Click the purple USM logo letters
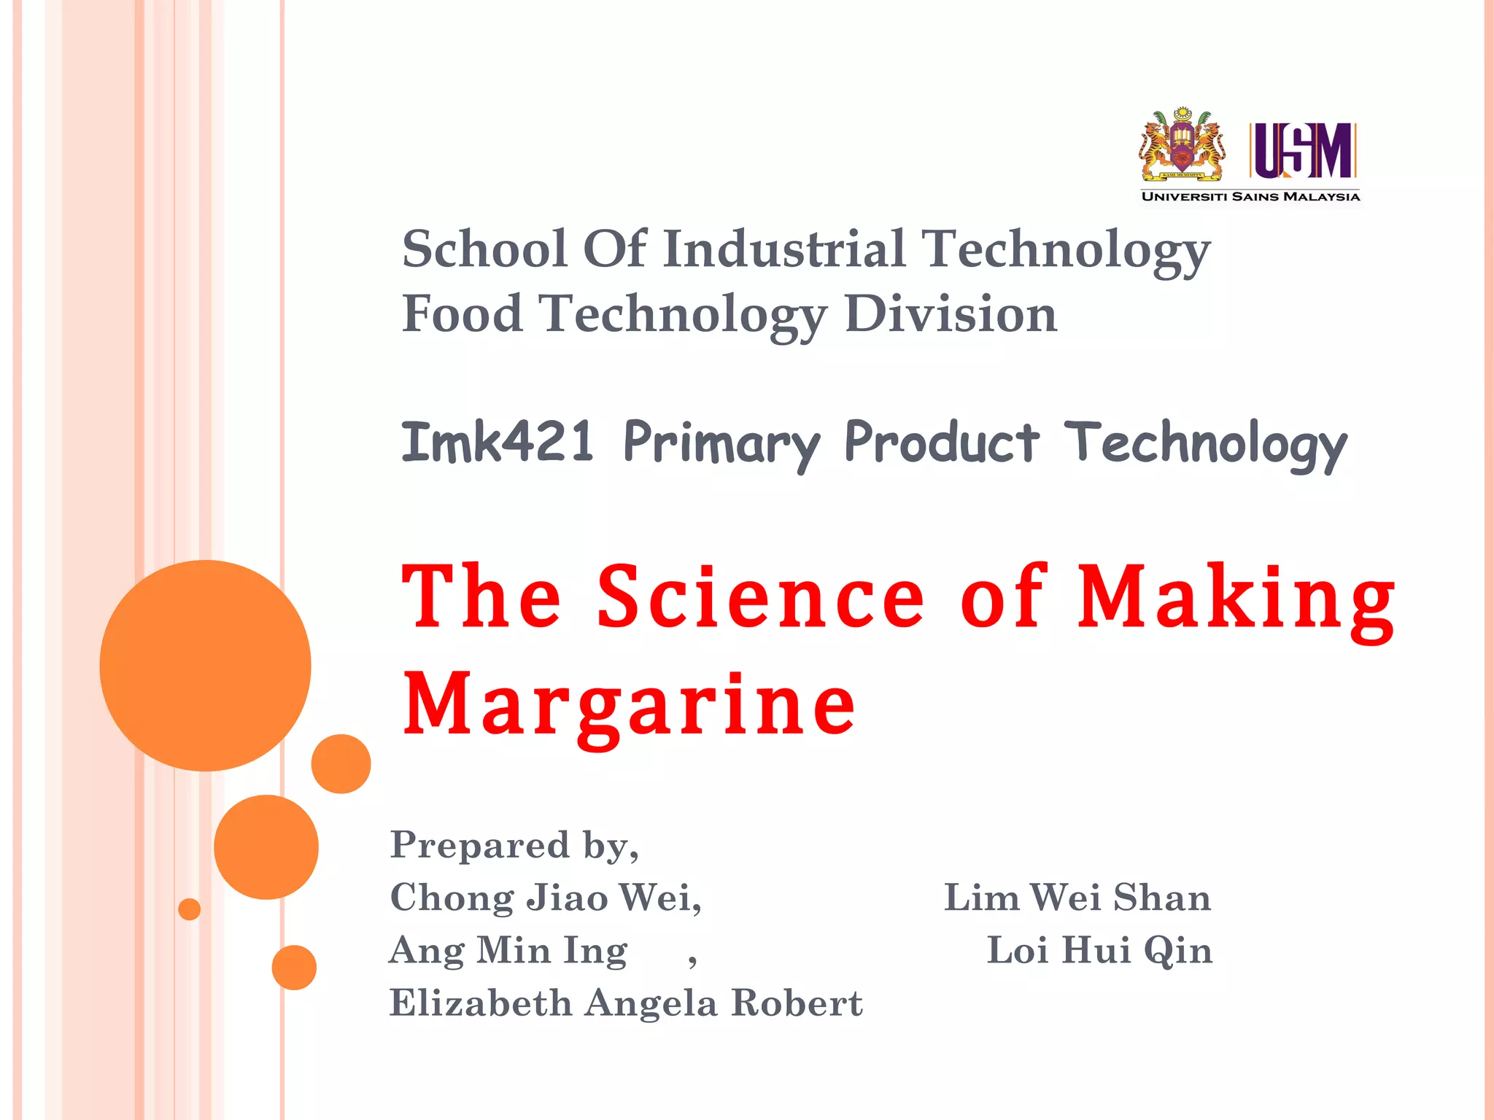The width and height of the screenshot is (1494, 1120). [x=1303, y=150]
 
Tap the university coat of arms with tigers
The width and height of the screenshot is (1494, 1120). [x=1183, y=145]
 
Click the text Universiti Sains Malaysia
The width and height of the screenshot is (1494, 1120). [x=1250, y=196]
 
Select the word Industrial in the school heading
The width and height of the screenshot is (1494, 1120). [x=784, y=249]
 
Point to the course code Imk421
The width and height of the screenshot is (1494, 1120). [x=498, y=442]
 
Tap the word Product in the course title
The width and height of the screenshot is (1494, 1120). [x=941, y=442]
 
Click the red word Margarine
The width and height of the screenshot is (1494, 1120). [x=629, y=704]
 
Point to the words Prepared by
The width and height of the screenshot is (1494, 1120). [x=514, y=846]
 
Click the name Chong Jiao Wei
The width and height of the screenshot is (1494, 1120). [x=544, y=898]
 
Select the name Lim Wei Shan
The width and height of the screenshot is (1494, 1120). [x=1077, y=898]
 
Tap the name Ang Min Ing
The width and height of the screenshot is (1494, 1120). [x=508, y=951]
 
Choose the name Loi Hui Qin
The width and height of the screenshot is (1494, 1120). [x=1099, y=951]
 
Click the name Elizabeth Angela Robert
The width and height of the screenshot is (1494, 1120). [x=626, y=1003]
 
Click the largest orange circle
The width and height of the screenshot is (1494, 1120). [x=205, y=666]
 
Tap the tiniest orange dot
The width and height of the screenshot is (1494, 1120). [x=189, y=909]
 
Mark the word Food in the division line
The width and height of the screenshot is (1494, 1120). [x=462, y=314]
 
